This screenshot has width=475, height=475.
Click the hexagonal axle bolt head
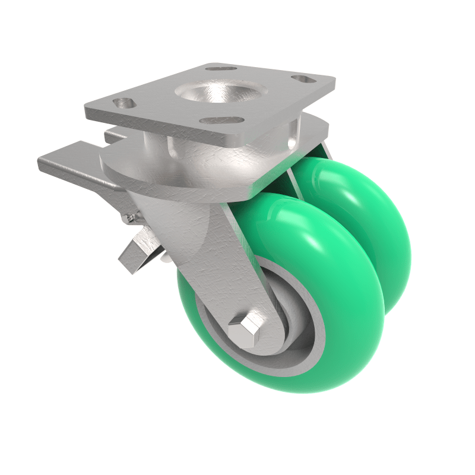click(245, 328)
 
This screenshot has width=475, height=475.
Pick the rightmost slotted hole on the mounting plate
click(305, 79)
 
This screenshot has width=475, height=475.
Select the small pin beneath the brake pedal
click(128, 218)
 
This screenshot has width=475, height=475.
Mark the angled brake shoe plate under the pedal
click(138, 249)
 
